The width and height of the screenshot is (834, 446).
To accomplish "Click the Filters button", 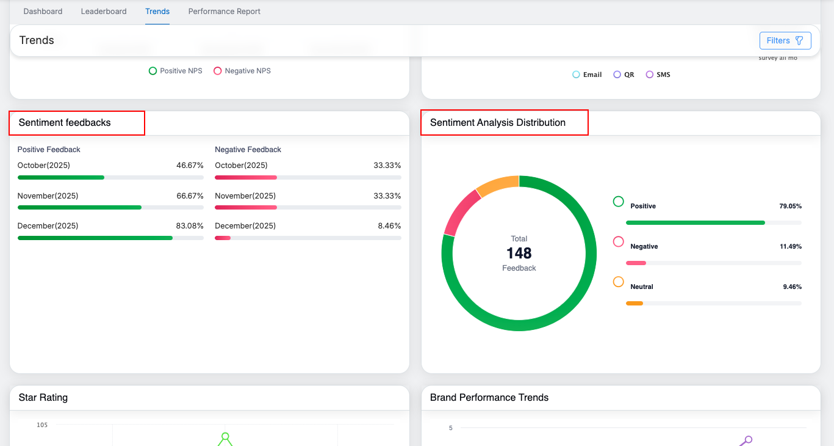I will point(785,40).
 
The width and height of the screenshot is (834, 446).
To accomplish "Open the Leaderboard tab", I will point(104,12).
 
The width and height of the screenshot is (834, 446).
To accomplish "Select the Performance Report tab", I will point(224,12).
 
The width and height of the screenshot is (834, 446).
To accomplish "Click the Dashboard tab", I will point(43,12).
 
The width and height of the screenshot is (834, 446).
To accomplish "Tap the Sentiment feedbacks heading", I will point(65,123).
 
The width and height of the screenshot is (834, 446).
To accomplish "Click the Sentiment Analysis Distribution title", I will point(497,123).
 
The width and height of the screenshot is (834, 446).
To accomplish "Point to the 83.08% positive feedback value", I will point(190,226).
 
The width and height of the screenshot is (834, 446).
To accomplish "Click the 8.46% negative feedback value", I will point(389,226).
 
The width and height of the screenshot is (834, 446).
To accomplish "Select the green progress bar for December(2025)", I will point(95,238).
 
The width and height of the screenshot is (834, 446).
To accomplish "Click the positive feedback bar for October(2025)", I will point(61,177).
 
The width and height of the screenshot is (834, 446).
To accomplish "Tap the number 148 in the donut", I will point(519,253).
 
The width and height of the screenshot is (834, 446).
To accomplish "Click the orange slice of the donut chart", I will point(496,185).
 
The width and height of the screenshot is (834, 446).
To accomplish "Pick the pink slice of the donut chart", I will point(459,211).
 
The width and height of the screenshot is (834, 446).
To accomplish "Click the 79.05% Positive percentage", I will point(790,207).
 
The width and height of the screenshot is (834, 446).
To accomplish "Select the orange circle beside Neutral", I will point(618,282).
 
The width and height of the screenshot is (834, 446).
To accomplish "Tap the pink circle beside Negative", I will point(618,242).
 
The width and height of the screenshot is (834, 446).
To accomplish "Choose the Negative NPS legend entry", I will point(242,71).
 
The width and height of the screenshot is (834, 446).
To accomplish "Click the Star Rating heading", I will point(43,398).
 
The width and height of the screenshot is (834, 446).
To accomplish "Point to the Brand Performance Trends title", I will point(489,398).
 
